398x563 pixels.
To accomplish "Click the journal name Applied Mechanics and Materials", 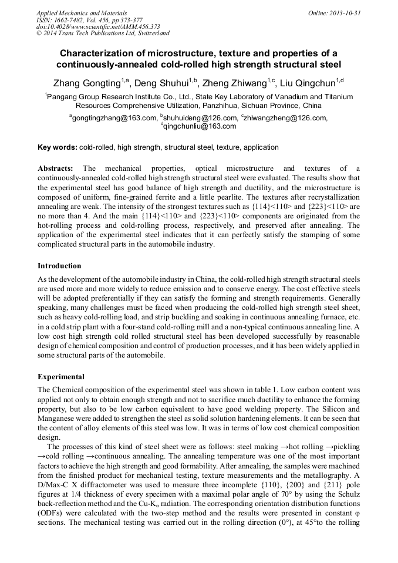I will (x=81, y=12).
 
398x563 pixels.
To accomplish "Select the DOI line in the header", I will (x=98, y=26).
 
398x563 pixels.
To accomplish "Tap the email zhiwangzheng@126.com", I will (x=288, y=118).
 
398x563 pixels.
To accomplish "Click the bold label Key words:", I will (x=57, y=147).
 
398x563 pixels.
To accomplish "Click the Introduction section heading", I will (x=59, y=266).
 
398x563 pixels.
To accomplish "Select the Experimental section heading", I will (x=60, y=376).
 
